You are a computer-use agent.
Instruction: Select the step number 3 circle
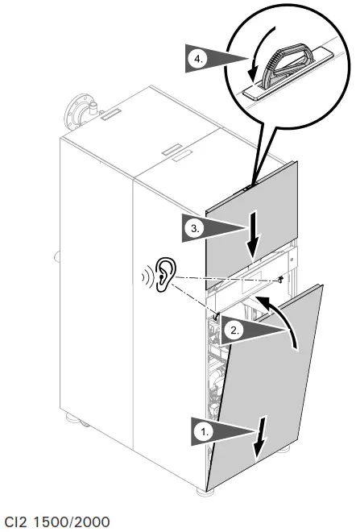click(x=192, y=229)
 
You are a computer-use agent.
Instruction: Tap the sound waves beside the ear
click(x=145, y=276)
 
